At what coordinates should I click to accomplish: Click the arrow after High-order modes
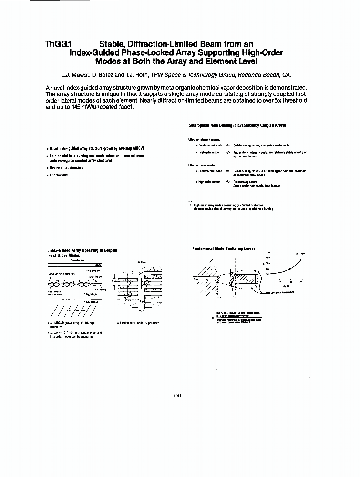coord(227,182)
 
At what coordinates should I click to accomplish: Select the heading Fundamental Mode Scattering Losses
coord(224,248)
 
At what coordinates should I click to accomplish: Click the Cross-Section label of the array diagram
coord(77,260)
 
